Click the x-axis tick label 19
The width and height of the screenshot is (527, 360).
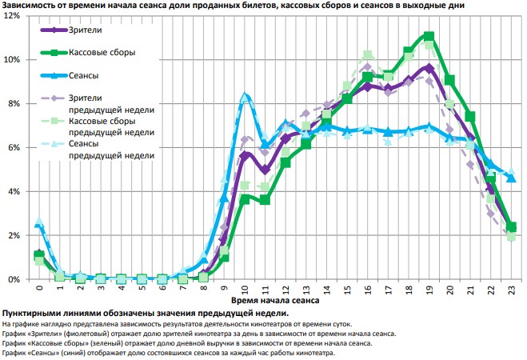[429, 290]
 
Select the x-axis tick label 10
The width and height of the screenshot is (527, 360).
[245, 290]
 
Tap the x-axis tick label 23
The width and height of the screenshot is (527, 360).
[511, 290]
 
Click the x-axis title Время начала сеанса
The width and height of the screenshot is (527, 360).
[275, 302]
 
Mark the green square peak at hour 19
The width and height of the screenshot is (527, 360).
[429, 36]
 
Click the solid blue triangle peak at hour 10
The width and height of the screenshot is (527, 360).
[245, 97]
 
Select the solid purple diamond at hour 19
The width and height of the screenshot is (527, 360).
[429, 68]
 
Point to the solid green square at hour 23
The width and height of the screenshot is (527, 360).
[511, 227]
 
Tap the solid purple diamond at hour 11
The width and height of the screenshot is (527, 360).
[265, 170]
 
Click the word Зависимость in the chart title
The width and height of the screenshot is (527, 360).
[31, 6]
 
